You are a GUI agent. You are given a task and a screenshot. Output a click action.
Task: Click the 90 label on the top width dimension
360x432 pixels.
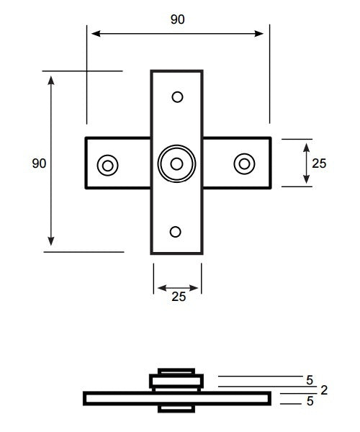coord(177,19)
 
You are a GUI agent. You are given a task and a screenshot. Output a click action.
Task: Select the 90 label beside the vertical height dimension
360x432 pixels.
coord(39,163)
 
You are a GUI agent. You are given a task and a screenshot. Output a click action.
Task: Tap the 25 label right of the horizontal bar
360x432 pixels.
coord(319,163)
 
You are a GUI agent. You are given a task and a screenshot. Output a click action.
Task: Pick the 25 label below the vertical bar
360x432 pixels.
coord(178,296)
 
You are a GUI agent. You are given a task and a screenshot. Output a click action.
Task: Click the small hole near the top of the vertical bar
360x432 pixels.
coord(177,96)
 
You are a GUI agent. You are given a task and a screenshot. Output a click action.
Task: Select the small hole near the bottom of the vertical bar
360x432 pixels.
coord(176,231)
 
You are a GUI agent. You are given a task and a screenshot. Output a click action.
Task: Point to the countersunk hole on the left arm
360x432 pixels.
coord(108,165)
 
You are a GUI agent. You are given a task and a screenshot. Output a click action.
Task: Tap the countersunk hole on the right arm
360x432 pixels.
coord(245,163)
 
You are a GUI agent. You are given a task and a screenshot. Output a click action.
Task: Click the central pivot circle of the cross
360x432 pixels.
coord(176,163)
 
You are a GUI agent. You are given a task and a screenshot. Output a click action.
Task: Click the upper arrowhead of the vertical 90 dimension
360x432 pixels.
coord(51,78)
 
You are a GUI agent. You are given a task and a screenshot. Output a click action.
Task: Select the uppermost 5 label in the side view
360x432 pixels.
coord(310,379)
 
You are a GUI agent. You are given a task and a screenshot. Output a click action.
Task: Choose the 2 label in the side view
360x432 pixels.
coord(324,390)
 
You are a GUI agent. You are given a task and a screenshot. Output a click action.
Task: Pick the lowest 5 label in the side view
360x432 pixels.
coord(310,402)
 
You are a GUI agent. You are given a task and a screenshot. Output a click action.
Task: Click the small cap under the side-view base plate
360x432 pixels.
coord(176,408)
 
